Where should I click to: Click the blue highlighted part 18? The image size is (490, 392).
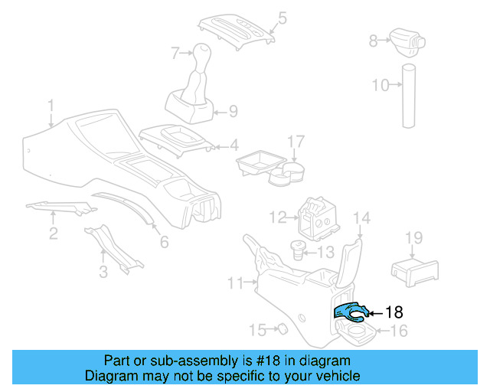[x=350, y=311]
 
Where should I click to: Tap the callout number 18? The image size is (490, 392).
[x=393, y=312]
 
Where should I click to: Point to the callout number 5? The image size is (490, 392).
[x=283, y=16]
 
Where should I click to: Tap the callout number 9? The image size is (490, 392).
[x=233, y=111]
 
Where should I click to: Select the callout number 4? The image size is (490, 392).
[x=234, y=144]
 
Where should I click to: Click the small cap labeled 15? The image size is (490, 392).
[x=281, y=329]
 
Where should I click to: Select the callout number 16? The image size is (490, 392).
[x=399, y=331]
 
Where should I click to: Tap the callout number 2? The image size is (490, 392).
[x=53, y=234]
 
